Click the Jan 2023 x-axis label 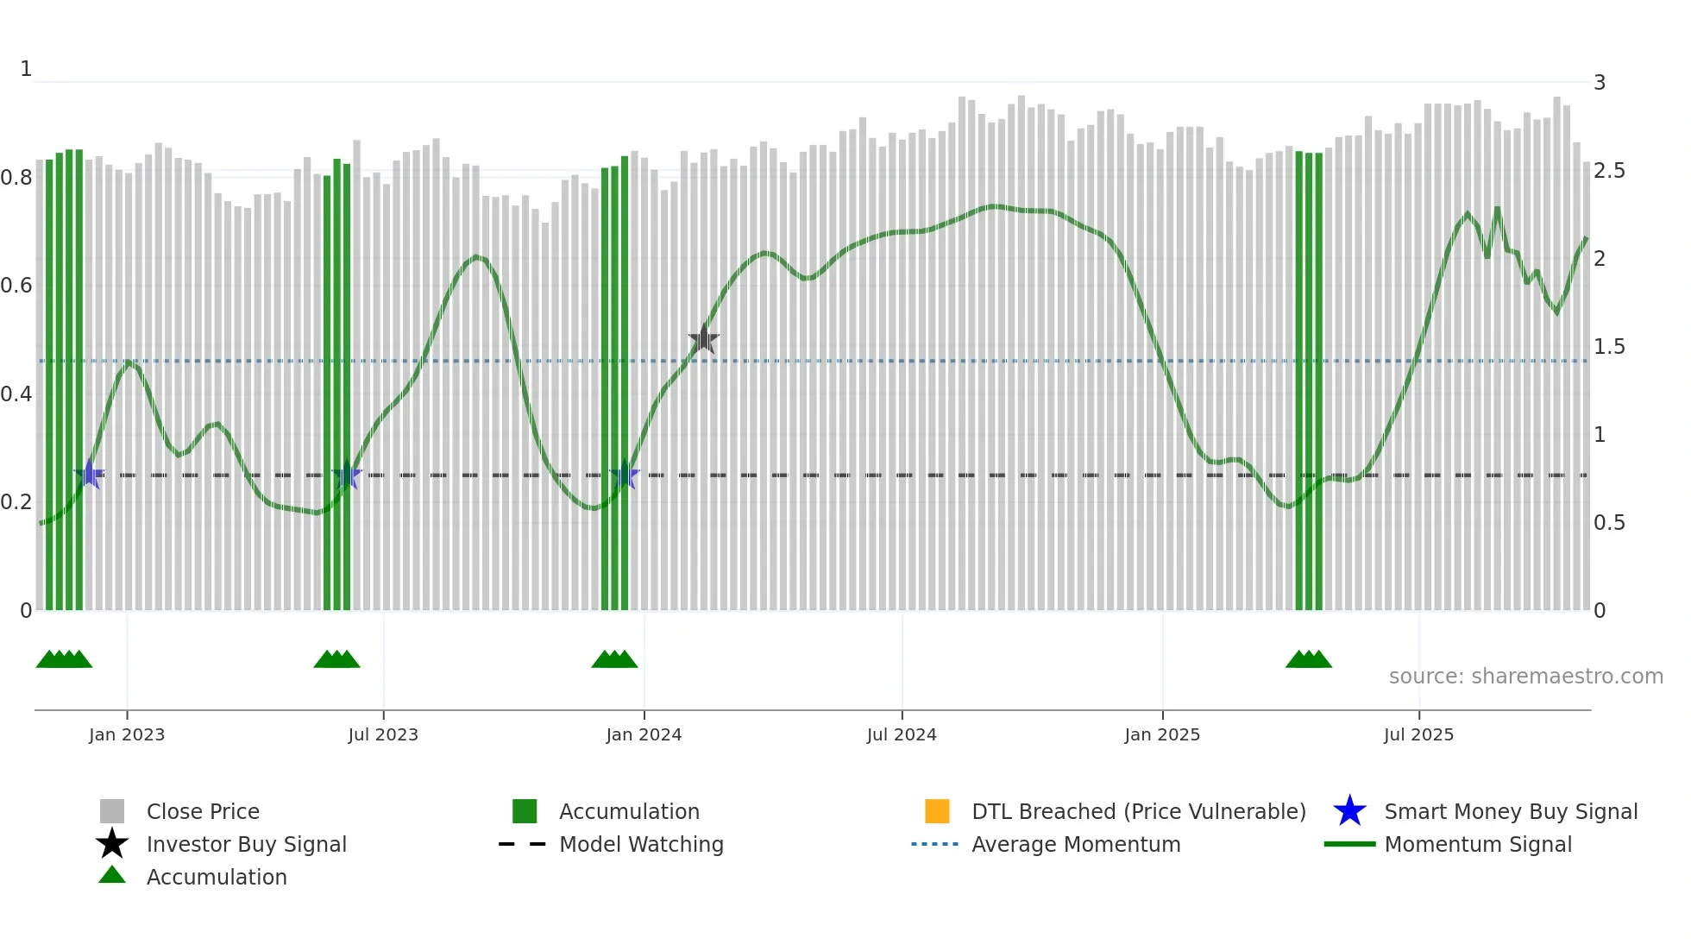click(x=127, y=734)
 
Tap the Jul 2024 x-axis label click(x=902, y=734)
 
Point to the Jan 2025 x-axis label click(x=1162, y=734)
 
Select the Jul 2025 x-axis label click(x=1418, y=734)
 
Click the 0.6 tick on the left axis click(x=16, y=286)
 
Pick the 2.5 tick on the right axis click(x=1609, y=171)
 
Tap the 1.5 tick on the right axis click(x=1609, y=347)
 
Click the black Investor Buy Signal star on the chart click(x=704, y=339)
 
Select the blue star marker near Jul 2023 click(x=347, y=475)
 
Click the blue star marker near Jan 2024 click(x=625, y=475)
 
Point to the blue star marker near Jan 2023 click(x=90, y=474)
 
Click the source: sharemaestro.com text click(x=1525, y=677)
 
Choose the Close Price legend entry click(x=203, y=811)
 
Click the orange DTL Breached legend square click(x=937, y=811)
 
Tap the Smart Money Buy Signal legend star click(x=1350, y=811)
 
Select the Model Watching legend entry click(x=641, y=844)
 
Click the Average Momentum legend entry click(x=1076, y=844)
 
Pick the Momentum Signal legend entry click(x=1478, y=844)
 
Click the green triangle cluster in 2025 click(x=1309, y=659)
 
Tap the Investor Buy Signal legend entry click(x=246, y=844)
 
